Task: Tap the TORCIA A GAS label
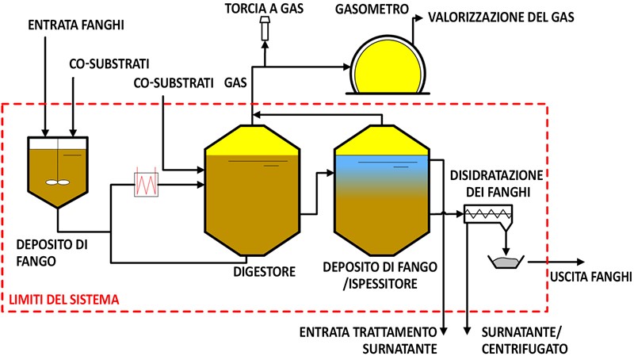coord(264,10)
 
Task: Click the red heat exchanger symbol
coord(147,186)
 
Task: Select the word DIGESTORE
coord(264,272)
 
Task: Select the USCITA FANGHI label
coord(590,277)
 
